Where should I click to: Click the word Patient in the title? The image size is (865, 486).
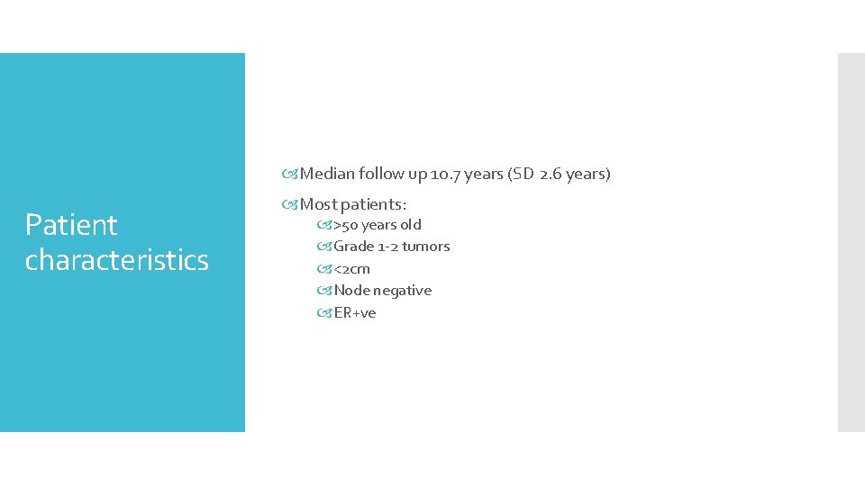pyautogui.click(x=71, y=225)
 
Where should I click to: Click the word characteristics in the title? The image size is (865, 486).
pyautogui.click(x=117, y=260)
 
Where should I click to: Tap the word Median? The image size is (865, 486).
pyautogui.click(x=327, y=174)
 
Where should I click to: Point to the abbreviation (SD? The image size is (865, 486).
pyautogui.click(x=522, y=174)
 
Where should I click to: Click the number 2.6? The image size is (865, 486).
pyautogui.click(x=552, y=174)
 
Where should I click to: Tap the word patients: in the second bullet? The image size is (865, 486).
pyautogui.click(x=372, y=204)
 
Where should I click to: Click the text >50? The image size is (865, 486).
pyautogui.click(x=346, y=225)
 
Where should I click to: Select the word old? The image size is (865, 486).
pyautogui.click(x=411, y=225)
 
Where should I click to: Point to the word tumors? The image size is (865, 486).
pyautogui.click(x=426, y=247)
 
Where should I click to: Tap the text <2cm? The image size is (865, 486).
pyautogui.click(x=352, y=269)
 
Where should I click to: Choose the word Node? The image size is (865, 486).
pyautogui.click(x=352, y=291)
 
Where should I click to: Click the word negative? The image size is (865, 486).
pyautogui.click(x=403, y=291)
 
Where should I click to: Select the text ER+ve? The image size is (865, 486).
pyautogui.click(x=355, y=313)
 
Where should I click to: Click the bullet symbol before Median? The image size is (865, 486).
pyautogui.click(x=292, y=174)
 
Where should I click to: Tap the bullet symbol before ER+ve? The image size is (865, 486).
pyautogui.click(x=325, y=313)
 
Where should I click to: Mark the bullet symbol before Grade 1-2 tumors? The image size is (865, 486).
pyautogui.click(x=325, y=247)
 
